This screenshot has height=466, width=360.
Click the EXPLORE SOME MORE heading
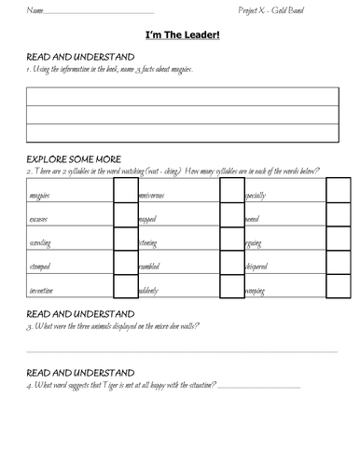coord(75,159)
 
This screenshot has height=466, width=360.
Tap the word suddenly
coord(149,291)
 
